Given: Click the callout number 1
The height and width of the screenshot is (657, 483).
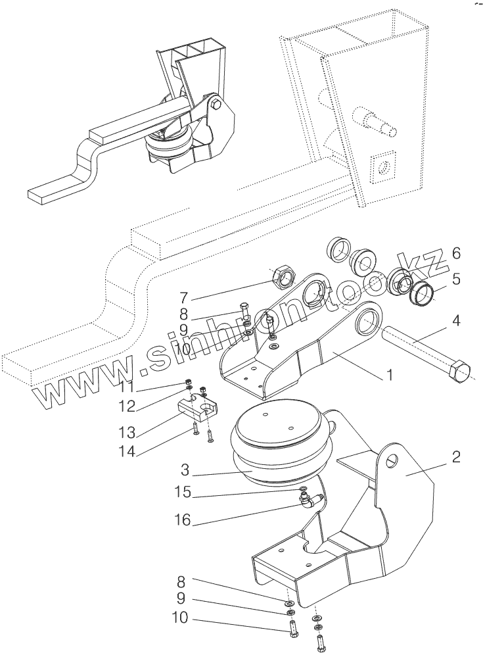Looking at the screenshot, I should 389,376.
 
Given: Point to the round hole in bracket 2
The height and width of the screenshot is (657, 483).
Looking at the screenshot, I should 392,458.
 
